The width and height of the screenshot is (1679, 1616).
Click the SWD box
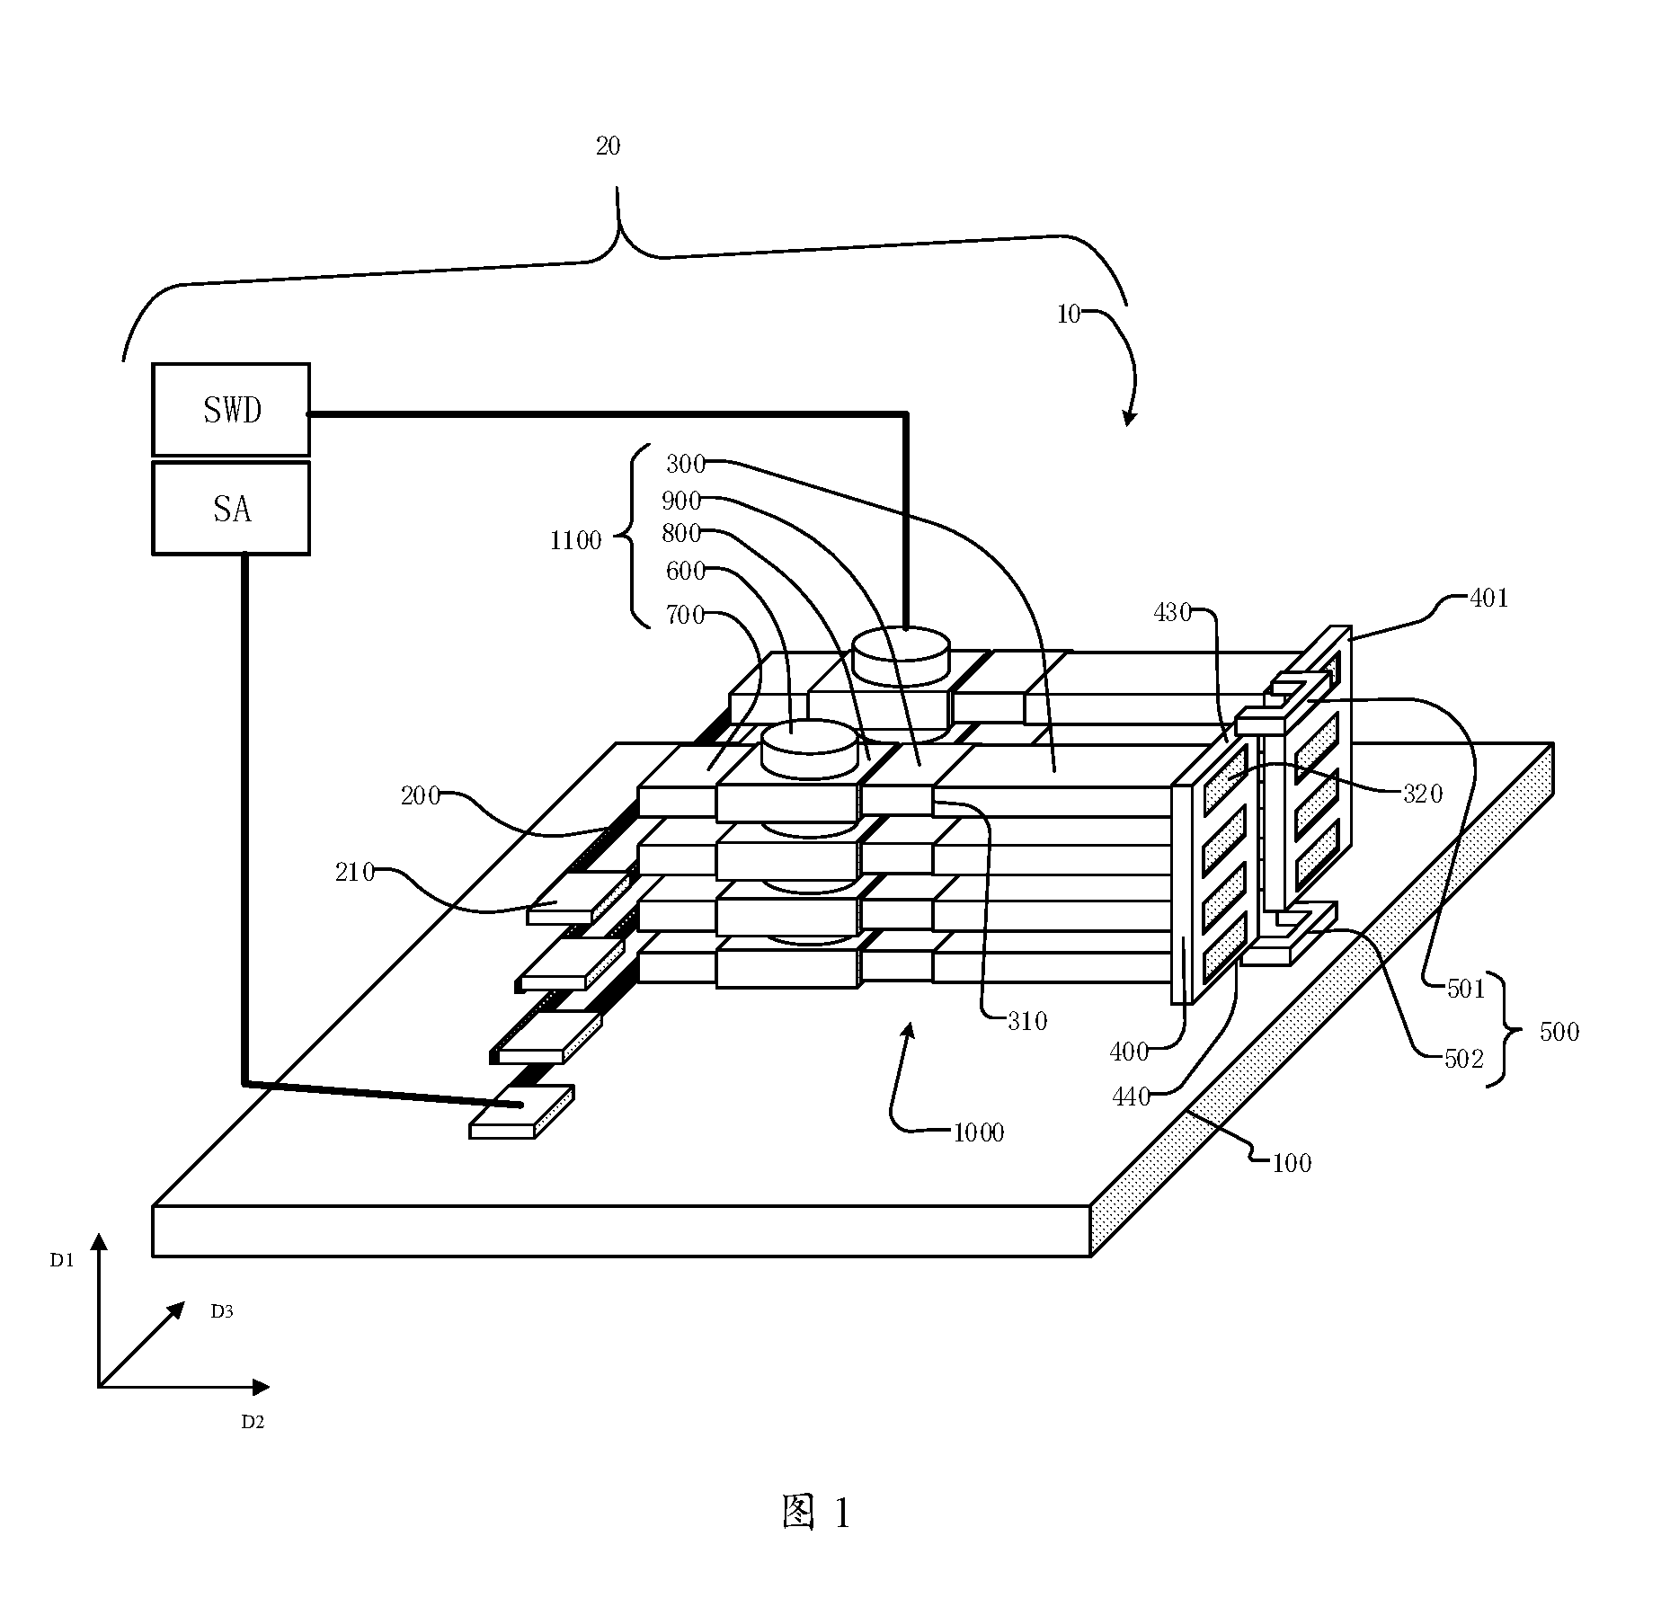[x=231, y=410]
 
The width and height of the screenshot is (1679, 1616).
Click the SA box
[x=231, y=508]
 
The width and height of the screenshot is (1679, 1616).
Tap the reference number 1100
[x=575, y=540]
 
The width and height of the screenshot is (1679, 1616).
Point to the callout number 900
[x=681, y=500]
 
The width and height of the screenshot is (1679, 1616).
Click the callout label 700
[x=685, y=616]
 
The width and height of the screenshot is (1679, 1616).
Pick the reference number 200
[x=421, y=795]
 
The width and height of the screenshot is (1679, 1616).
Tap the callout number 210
[x=355, y=872]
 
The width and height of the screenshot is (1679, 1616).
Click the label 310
[x=1027, y=1021]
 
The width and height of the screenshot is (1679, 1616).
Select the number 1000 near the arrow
[x=979, y=1132]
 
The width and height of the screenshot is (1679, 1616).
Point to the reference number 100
[x=1292, y=1163]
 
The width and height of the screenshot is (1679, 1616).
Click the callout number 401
[x=1488, y=598]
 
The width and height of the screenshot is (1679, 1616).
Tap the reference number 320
[x=1423, y=794]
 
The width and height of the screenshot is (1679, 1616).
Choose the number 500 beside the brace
[x=1559, y=1032]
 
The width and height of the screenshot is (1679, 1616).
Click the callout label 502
[x=1462, y=1060]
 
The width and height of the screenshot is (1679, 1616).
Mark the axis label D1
[x=62, y=1261]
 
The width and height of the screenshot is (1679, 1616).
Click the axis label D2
[x=253, y=1422]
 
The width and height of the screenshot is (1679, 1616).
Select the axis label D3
[x=222, y=1311]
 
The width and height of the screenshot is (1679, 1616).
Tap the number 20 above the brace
[x=609, y=146]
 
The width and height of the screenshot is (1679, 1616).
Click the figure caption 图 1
[x=815, y=1514]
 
